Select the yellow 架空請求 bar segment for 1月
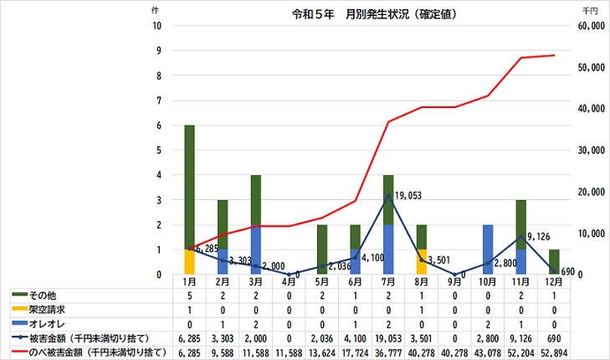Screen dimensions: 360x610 (x=190, y=261)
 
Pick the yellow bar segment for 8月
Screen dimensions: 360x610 (x=422, y=261)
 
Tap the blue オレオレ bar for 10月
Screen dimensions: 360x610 (x=488, y=249)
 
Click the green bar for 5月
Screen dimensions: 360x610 (x=322, y=249)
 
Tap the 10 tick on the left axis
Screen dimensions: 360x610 (x=157, y=26)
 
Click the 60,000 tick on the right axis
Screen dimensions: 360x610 (x=591, y=26)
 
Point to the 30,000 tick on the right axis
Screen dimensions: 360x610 (x=591, y=151)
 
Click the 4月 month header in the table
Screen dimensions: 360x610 (x=290, y=282)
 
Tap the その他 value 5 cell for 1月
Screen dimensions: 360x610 (x=190, y=296)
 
